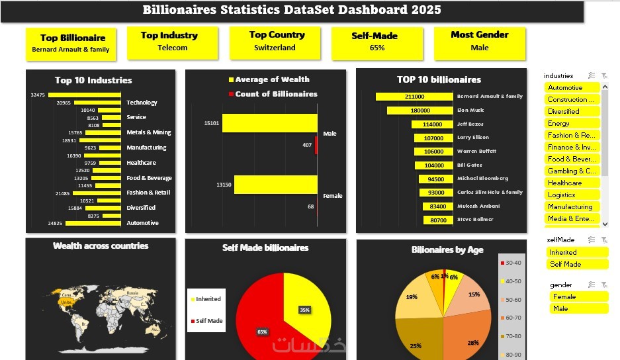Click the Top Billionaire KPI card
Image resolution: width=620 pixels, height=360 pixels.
[x=70, y=43]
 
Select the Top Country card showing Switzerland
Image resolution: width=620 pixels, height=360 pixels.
[x=277, y=42]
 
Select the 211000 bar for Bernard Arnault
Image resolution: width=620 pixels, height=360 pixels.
[x=414, y=97]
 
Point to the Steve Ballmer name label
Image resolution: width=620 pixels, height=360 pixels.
[x=474, y=220]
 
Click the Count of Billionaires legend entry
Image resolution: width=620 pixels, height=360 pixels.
[x=271, y=94]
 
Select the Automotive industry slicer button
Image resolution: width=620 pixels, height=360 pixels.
[x=572, y=87]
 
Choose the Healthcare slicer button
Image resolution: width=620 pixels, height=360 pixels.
[x=572, y=183]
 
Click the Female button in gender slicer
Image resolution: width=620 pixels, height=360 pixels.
[x=578, y=296]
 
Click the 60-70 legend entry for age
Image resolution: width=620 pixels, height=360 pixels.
[x=512, y=318]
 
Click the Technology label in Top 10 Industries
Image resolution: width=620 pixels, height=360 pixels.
[x=142, y=103]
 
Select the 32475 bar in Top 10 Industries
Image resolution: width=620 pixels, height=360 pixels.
[x=84, y=95]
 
